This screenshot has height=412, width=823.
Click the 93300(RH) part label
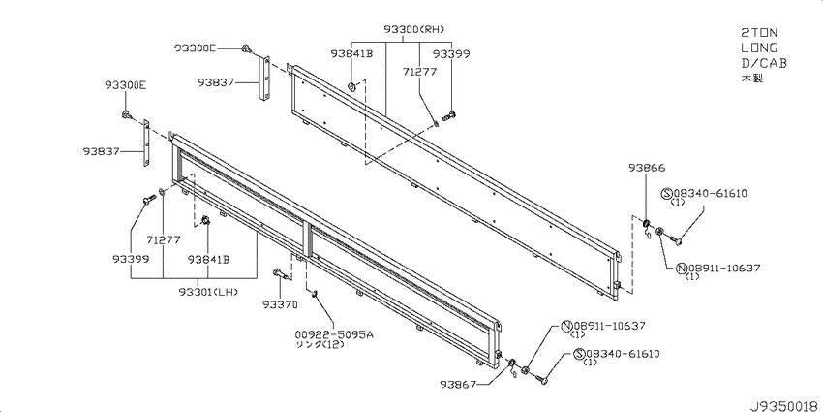[x=417, y=29]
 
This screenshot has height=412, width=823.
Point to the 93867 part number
[x=459, y=385]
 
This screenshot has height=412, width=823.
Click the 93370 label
[x=280, y=304]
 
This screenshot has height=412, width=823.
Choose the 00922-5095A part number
[x=334, y=334]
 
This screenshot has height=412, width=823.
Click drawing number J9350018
[x=783, y=405]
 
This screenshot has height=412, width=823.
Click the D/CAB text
[x=764, y=63]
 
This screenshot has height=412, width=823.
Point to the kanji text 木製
[x=751, y=79]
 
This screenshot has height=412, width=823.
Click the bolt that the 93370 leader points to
[x=279, y=272]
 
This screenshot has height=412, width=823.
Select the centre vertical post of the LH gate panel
[x=307, y=239]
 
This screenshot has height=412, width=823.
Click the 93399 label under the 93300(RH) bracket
[x=451, y=53]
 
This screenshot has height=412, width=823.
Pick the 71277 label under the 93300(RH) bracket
[x=419, y=72]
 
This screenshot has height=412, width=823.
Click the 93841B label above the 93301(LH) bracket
[x=209, y=259]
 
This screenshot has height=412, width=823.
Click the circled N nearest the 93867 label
[x=566, y=327]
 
